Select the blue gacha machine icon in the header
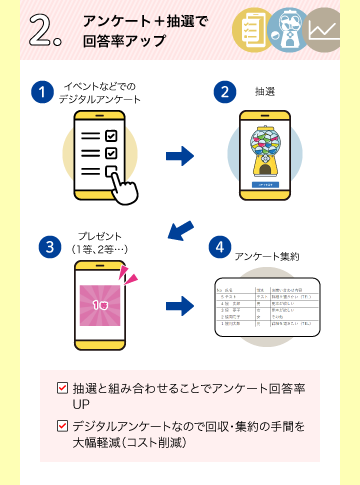[289, 29]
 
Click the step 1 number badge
[42, 92]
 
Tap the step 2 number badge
[225, 92]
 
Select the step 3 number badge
[48, 247]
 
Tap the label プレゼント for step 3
[100, 236]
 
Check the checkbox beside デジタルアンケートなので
[63, 426]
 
